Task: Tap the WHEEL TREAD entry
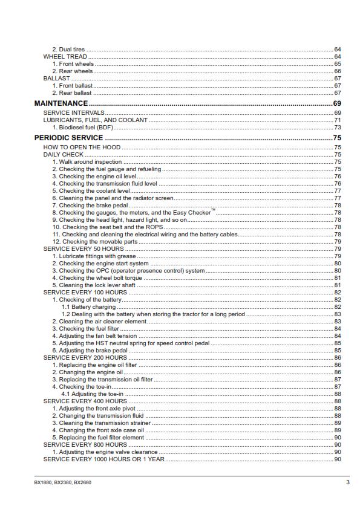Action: pyautogui.click(x=65, y=56)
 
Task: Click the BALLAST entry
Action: pyautogui.click(x=56, y=78)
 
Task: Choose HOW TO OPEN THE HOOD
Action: pyautogui.click(x=82, y=147)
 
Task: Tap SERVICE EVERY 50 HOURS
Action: pyautogui.click(x=83, y=248)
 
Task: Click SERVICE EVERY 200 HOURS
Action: pyautogui.click(x=85, y=357)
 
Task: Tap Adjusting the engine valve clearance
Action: pyautogui.click(x=105, y=452)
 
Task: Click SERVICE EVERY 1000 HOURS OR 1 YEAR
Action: pyautogui.click(x=103, y=459)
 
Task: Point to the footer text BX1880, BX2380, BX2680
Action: pyautogui.click(x=63, y=482)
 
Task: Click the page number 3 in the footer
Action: pyautogui.click(x=347, y=482)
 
